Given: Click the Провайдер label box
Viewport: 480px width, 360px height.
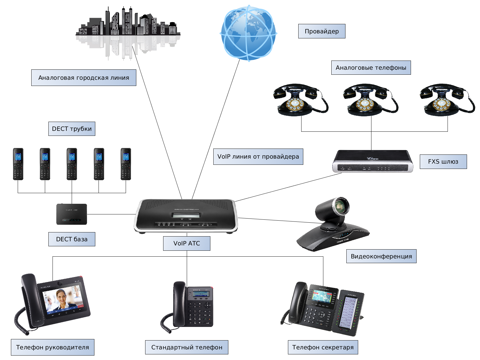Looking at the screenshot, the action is (x=322, y=31).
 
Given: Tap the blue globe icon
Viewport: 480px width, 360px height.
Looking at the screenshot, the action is (x=248, y=33).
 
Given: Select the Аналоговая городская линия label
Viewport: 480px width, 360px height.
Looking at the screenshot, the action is (x=84, y=78).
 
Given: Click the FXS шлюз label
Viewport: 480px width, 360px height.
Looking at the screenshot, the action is (x=443, y=162).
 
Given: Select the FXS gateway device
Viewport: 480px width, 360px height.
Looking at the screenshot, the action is (x=372, y=161).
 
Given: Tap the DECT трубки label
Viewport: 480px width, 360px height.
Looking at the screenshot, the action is (x=72, y=129).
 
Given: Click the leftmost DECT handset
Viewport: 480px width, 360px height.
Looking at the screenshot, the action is (x=18, y=164).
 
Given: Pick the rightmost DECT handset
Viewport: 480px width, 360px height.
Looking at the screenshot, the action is (x=126, y=164).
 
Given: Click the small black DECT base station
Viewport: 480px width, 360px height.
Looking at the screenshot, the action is (x=71, y=214).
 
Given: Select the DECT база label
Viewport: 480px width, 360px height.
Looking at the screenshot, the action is (x=72, y=239).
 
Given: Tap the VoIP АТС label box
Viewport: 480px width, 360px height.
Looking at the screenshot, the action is (x=186, y=243).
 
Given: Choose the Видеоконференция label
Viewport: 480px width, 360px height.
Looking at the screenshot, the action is (x=381, y=256).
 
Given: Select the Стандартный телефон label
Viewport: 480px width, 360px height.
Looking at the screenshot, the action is (x=186, y=347).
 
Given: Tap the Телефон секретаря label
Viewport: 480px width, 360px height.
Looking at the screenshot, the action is (x=323, y=347).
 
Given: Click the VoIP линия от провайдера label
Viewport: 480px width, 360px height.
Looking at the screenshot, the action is (x=258, y=157).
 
